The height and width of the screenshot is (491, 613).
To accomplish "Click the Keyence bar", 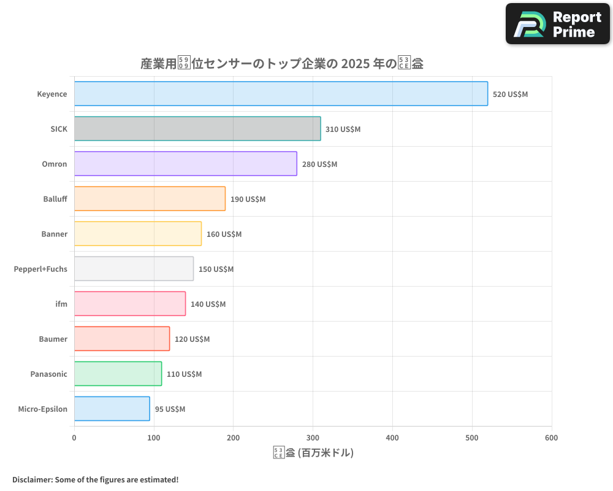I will (x=281, y=94).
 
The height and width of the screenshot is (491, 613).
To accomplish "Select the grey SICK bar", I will (x=197, y=129).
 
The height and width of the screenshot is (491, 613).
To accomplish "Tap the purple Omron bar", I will (x=185, y=164).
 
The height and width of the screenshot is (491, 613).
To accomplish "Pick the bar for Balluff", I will (x=150, y=199).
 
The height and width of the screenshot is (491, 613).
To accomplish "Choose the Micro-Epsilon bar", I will (x=112, y=409).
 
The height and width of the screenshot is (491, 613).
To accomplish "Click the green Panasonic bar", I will (x=118, y=374).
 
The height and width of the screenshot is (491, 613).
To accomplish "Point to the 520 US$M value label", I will (x=510, y=95).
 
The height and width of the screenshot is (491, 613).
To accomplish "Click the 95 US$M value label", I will (x=170, y=409).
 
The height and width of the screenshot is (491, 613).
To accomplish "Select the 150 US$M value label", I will (x=216, y=269).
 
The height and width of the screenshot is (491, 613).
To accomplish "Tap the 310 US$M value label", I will (x=343, y=130).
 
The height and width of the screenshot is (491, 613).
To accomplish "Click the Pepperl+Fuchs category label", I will (x=40, y=269).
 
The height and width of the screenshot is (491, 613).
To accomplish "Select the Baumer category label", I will (x=53, y=339).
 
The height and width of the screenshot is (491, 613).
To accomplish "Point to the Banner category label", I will (x=54, y=234).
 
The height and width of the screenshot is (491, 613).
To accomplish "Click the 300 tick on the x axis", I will (x=313, y=438).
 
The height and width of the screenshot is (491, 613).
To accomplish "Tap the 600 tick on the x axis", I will (x=551, y=438).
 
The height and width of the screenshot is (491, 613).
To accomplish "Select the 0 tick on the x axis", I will (x=74, y=438).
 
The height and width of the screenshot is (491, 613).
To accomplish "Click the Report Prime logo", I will (x=557, y=24).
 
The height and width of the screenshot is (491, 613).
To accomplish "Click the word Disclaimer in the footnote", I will (x=31, y=479).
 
